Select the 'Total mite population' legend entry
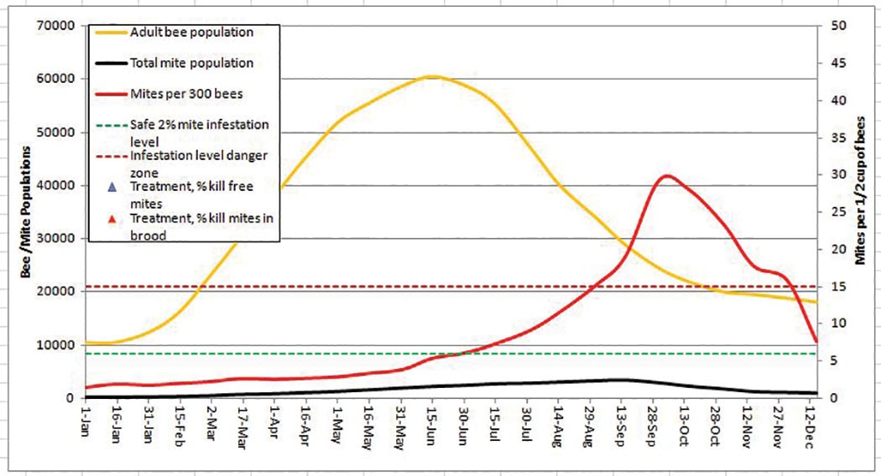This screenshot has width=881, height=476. [191, 63]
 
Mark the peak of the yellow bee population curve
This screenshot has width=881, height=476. [431, 76]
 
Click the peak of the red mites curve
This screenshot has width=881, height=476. [666, 175]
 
